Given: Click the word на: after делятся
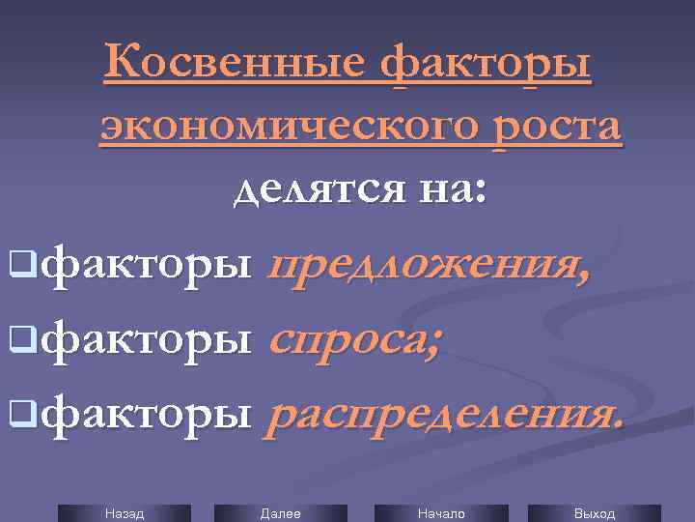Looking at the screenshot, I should (446, 187).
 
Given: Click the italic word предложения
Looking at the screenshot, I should (430, 265).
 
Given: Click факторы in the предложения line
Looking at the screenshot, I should (149, 265).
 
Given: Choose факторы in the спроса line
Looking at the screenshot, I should (149, 340).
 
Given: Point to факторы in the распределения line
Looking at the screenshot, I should (149, 416).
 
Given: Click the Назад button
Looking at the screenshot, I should (124, 513).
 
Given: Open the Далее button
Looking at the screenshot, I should (280, 513).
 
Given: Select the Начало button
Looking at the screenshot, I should (440, 513).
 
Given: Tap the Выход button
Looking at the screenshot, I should (594, 513).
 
